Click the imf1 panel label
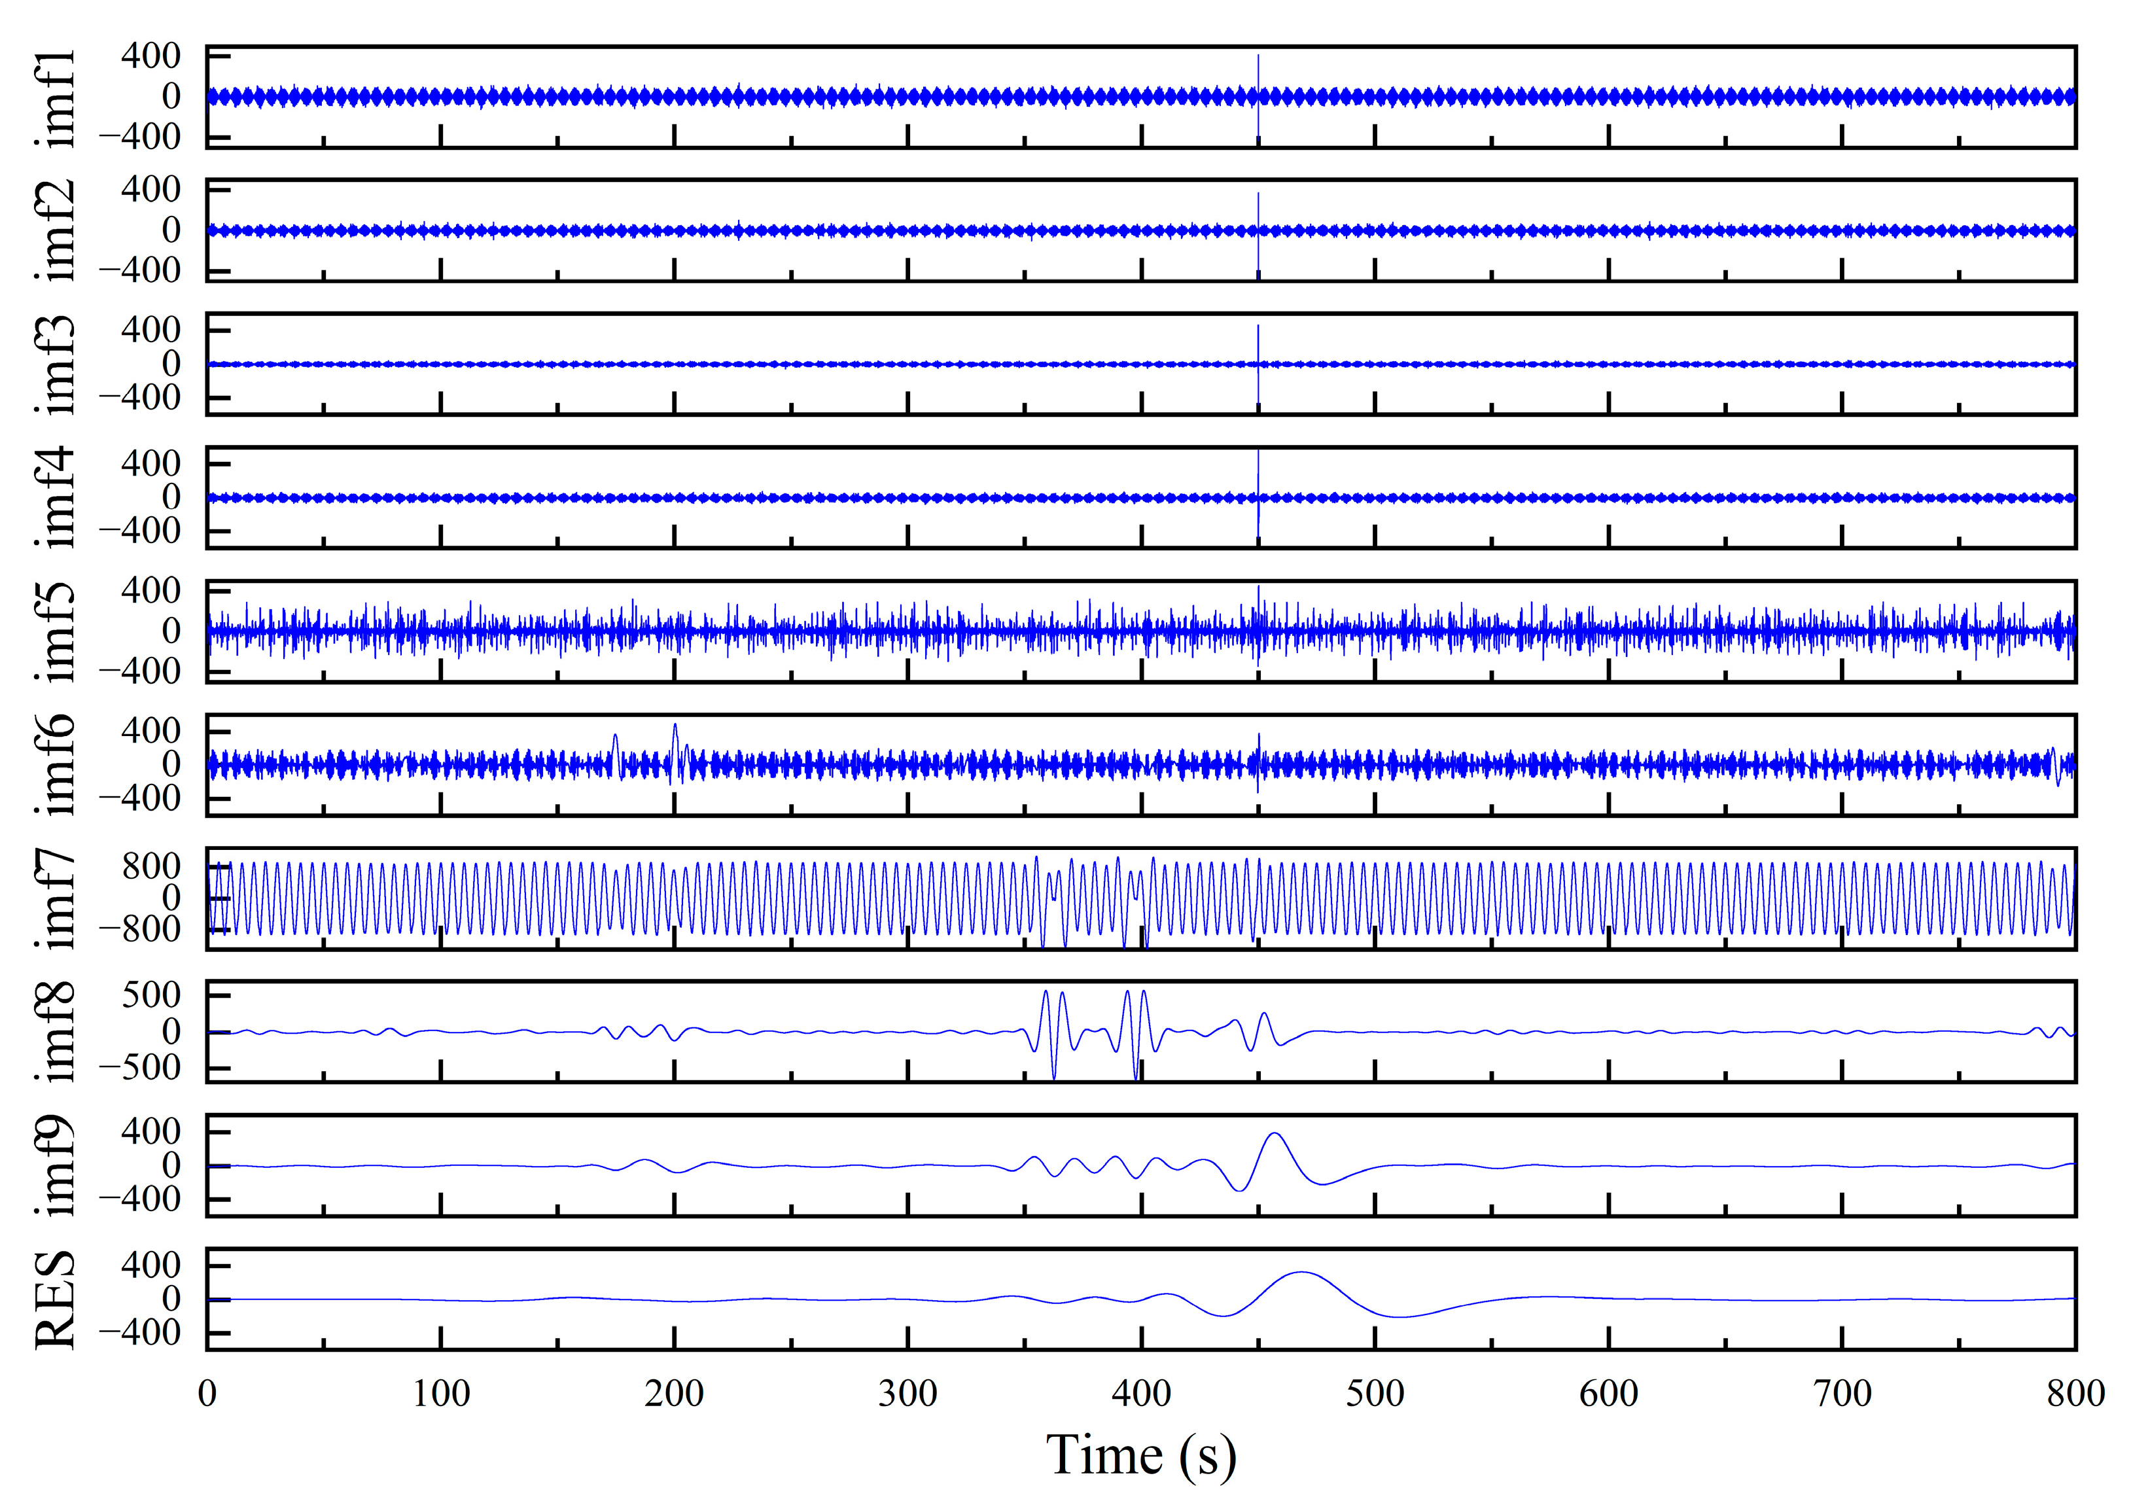(58, 97)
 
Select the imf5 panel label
(58, 631)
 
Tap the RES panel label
(56, 1299)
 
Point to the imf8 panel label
(58, 1031)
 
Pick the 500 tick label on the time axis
(1375, 1394)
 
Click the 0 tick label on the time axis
(207, 1394)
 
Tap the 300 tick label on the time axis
(907, 1394)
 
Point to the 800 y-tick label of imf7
(151, 867)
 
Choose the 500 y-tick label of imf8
(151, 996)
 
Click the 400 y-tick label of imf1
(151, 57)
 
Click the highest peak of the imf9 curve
(1275, 1133)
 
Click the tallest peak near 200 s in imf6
(675, 725)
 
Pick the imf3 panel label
(58, 364)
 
